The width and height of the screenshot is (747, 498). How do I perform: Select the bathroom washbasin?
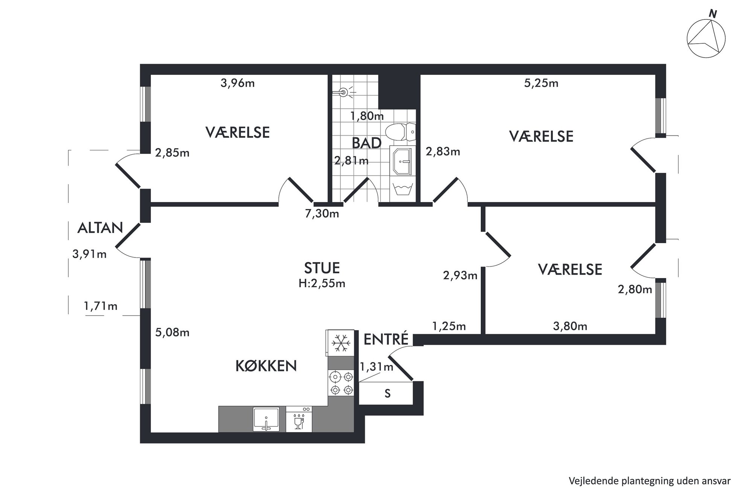click(402, 161)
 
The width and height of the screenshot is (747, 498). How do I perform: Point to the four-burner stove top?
click(341, 382)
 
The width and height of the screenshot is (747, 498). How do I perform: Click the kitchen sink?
click(266, 419)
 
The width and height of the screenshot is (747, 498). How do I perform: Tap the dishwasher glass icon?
click(299, 421)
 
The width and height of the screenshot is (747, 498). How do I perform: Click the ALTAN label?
click(100, 228)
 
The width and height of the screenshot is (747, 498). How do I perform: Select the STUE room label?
click(322, 268)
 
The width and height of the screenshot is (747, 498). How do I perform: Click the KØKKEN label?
click(266, 366)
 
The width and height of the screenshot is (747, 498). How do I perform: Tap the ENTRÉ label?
click(386, 339)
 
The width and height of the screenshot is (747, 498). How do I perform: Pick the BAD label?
click(366, 143)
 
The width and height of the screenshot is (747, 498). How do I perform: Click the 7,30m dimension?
click(322, 214)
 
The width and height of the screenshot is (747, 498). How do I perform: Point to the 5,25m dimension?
click(541, 83)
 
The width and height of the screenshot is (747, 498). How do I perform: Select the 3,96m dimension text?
click(238, 83)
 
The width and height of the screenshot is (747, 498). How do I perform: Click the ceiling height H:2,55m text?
click(322, 283)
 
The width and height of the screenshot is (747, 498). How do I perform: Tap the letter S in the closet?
click(387, 394)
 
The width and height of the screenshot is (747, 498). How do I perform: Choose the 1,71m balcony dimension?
click(101, 306)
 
